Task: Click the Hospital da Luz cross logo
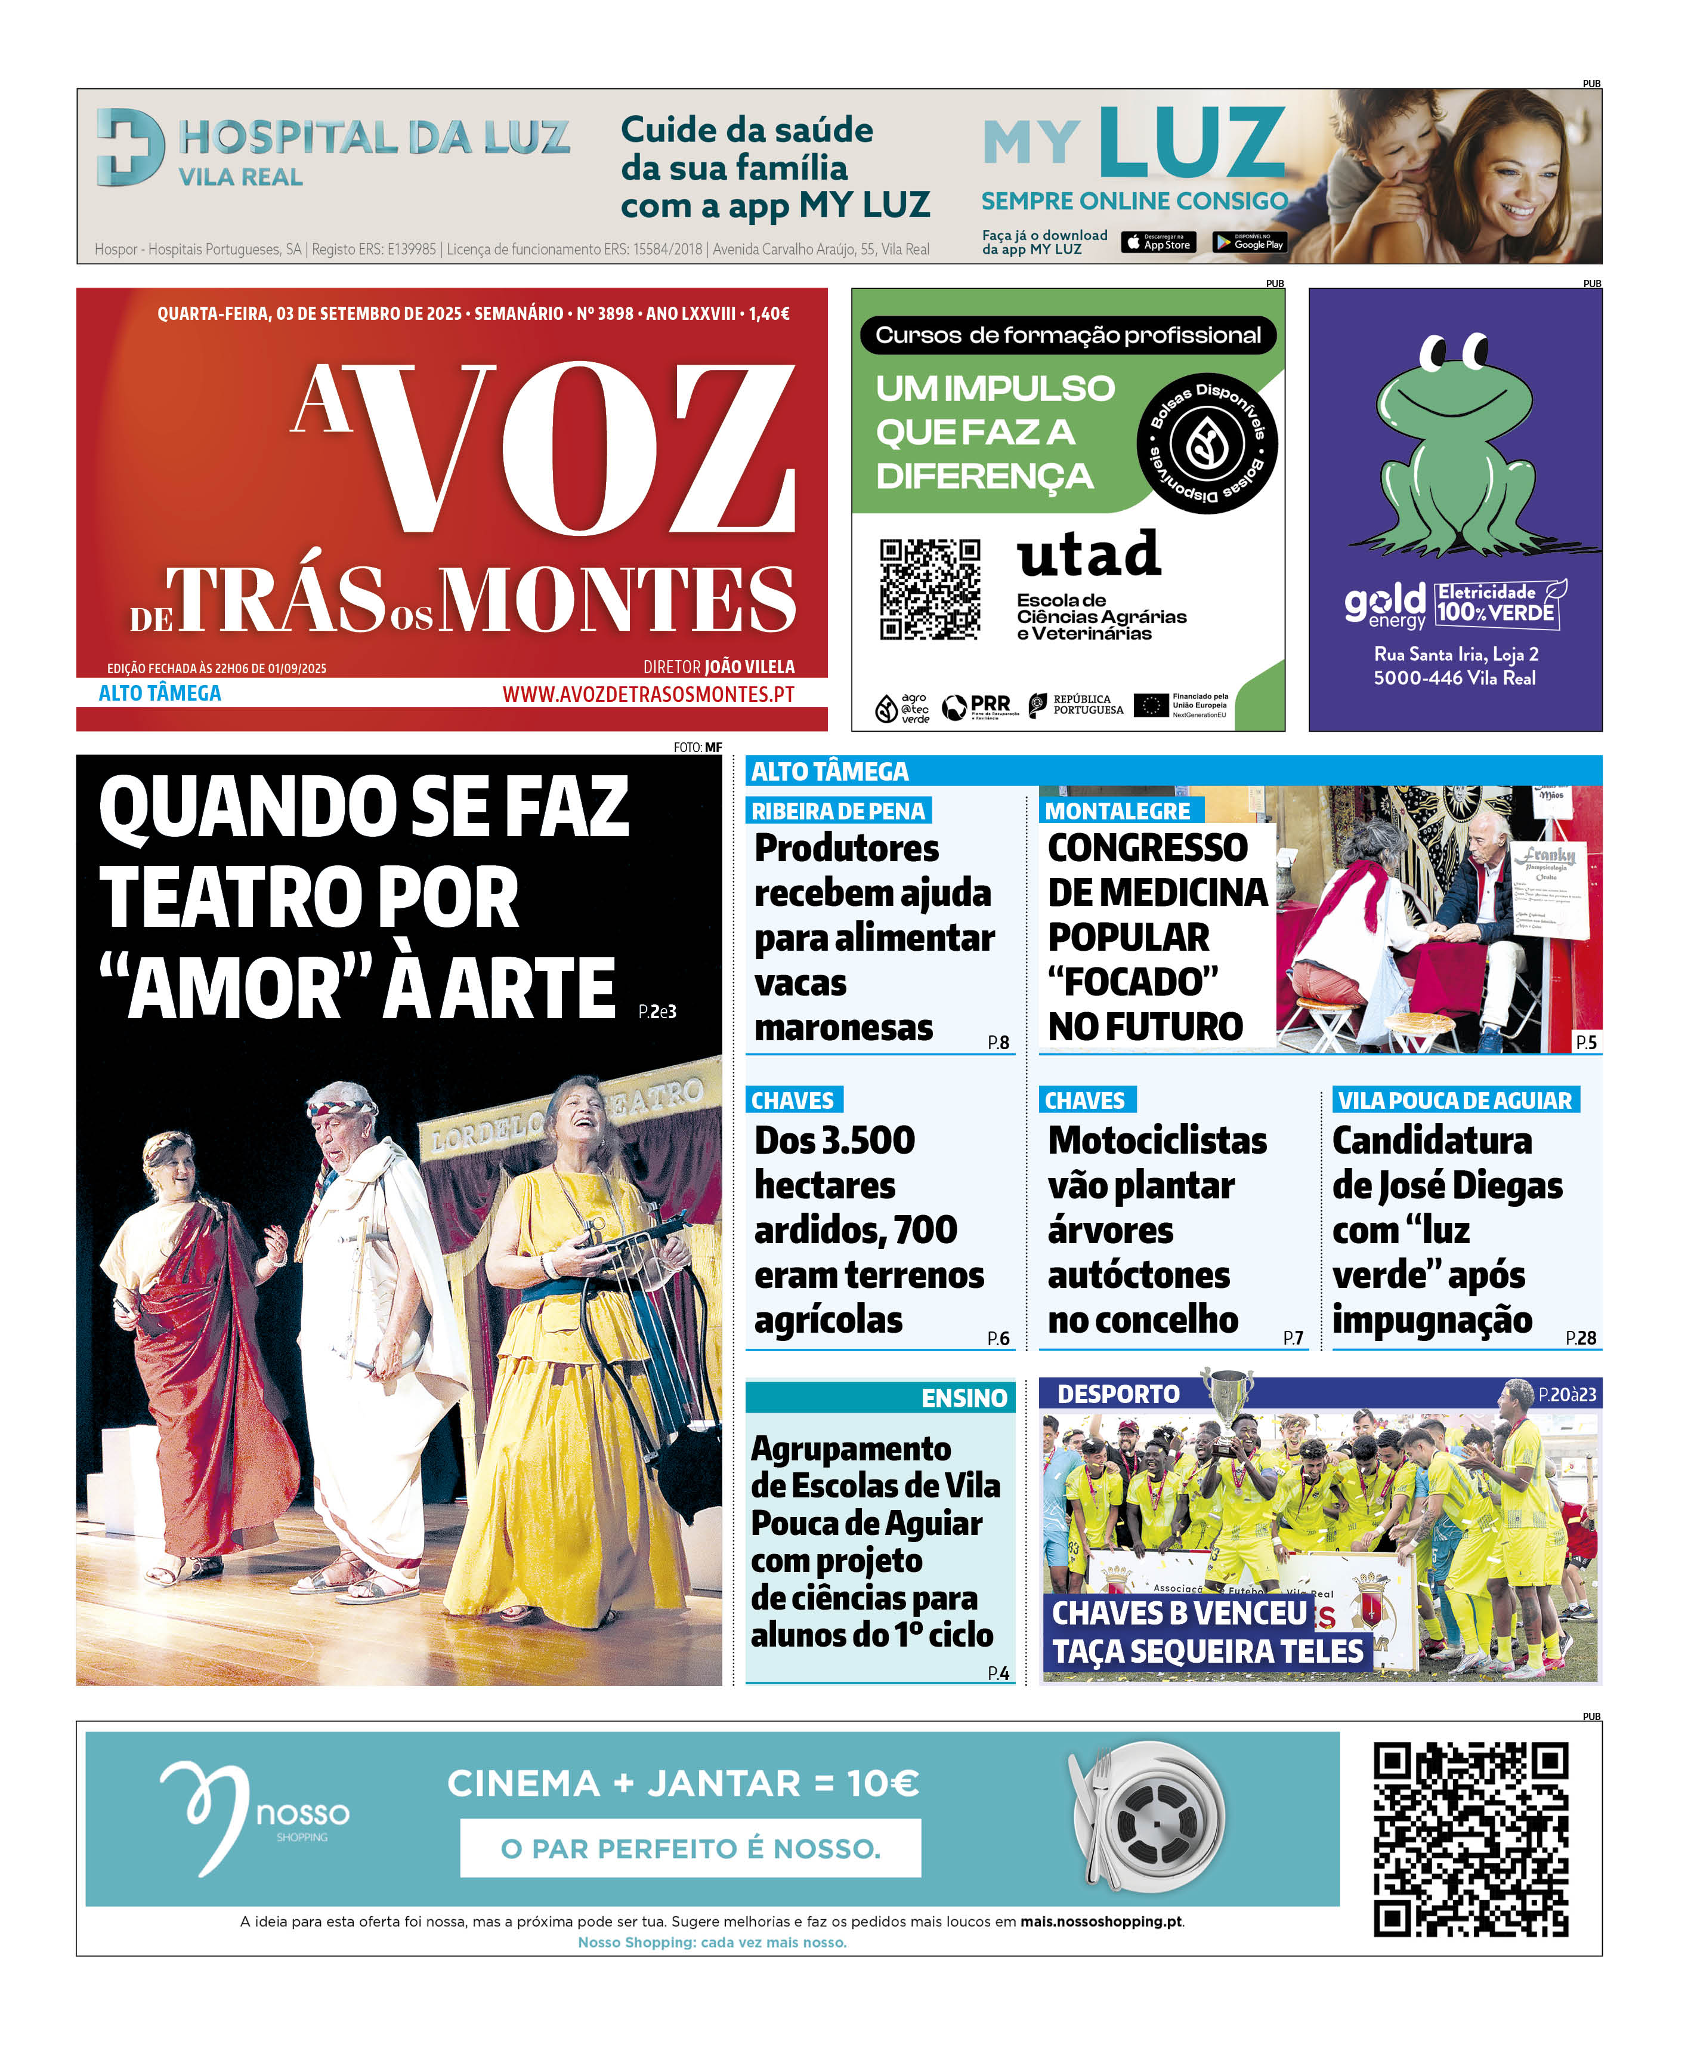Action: (129, 146)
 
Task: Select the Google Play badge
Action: (1249, 243)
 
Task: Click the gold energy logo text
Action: (1384, 604)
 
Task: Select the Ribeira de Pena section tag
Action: (837, 810)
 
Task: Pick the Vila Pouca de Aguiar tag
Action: (1454, 1100)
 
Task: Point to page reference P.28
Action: (1580, 1338)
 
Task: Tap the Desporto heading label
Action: (1118, 1394)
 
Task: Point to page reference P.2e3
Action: (657, 1012)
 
